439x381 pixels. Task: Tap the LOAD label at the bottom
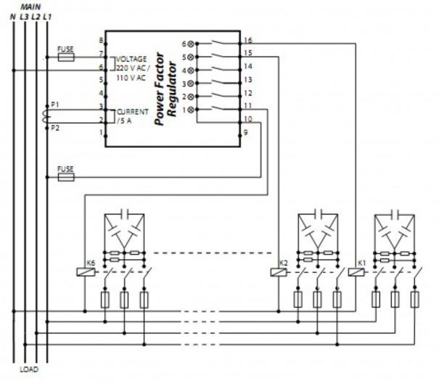[30, 369]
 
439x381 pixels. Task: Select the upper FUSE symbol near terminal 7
[65, 55]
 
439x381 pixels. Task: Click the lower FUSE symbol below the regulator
[65, 176]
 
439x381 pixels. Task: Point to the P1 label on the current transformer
[56, 105]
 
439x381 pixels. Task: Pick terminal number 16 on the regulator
[248, 41]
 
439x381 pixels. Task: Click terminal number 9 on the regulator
[247, 132]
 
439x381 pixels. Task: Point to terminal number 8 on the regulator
[101, 40]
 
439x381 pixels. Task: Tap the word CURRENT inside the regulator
[132, 112]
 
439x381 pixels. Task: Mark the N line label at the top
[12, 15]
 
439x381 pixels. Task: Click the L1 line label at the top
[47, 15]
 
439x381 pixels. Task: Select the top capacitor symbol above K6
[123, 213]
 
